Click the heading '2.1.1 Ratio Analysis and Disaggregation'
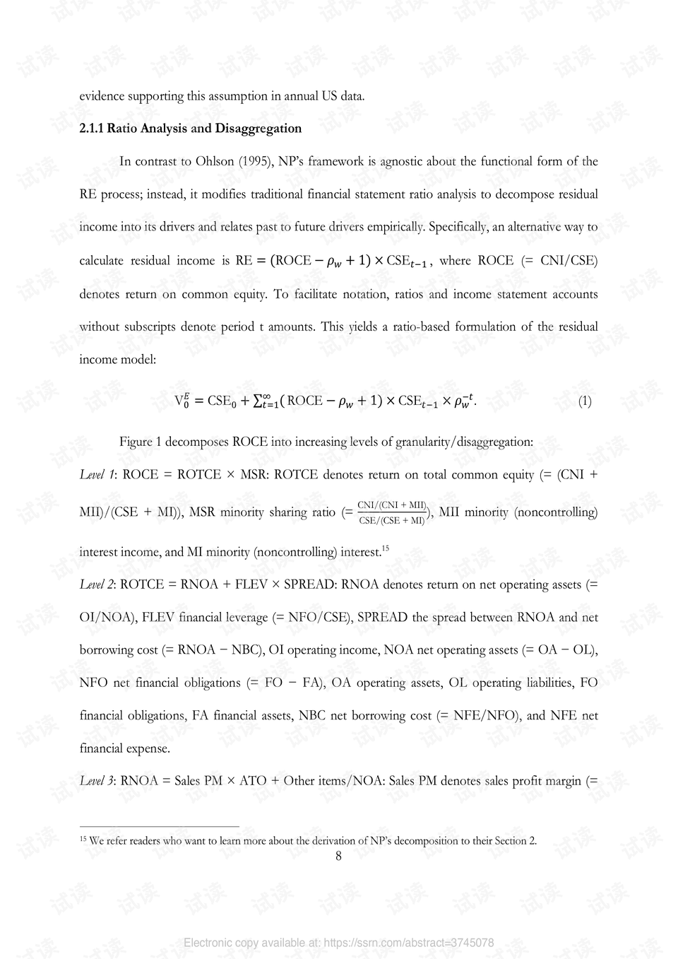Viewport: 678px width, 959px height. [191, 129]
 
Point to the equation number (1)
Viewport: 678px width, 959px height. [585, 401]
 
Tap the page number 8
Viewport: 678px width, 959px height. [338, 856]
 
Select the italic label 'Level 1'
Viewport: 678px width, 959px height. [97, 475]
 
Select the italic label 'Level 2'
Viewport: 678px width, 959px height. [97, 584]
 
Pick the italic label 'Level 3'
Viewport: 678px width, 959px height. [97, 781]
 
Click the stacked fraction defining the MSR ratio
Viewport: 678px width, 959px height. [392, 512]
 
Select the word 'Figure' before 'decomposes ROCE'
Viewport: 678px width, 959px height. [136, 442]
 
